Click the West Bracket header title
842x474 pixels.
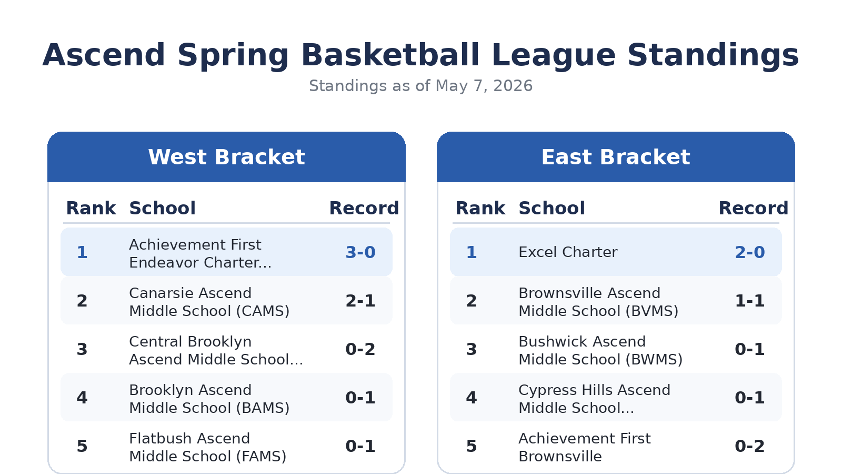[x=226, y=157]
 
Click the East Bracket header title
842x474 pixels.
[x=616, y=157]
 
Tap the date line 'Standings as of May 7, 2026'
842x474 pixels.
[x=420, y=86]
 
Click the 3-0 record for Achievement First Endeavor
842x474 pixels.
[x=360, y=252]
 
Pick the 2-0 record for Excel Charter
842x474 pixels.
[x=750, y=252]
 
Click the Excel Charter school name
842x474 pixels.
[x=568, y=252]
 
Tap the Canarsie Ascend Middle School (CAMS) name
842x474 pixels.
[x=209, y=302]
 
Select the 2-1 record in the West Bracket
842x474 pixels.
[x=360, y=301]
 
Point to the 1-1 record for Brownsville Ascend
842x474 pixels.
[x=750, y=301]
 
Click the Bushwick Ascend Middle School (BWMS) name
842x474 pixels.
[x=600, y=351]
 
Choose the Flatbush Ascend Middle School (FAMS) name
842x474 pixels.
[x=207, y=447]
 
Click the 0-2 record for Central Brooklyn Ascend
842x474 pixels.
[x=360, y=349]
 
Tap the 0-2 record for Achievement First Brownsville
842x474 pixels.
[x=750, y=446]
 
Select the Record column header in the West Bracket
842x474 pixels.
[x=364, y=208]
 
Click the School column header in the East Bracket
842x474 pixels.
[x=552, y=208]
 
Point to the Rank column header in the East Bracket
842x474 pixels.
[x=480, y=208]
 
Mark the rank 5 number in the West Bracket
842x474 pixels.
[x=82, y=446]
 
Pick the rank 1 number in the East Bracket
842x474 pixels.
[x=472, y=252]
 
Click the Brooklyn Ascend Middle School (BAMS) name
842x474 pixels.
[x=209, y=399]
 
